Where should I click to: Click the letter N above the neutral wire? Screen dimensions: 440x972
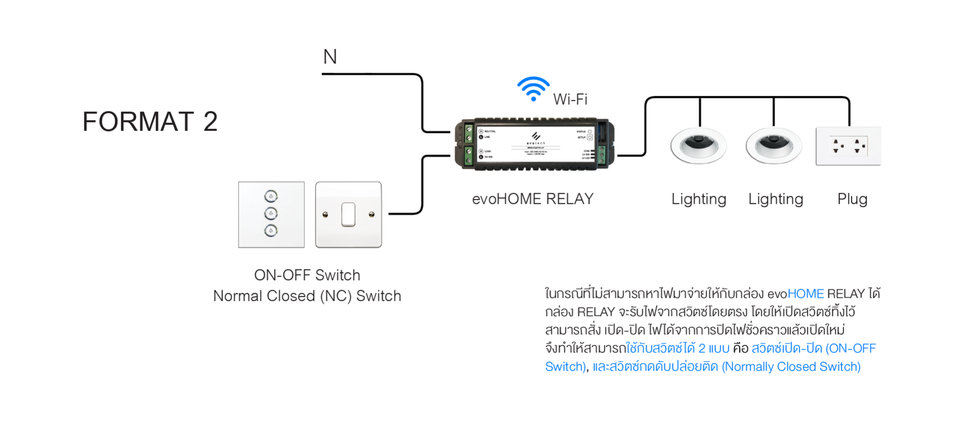[330, 57]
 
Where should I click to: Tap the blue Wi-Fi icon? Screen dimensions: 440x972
[533, 88]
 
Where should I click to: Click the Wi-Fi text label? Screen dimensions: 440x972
[570, 99]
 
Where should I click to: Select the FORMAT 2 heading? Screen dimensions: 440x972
[150, 122]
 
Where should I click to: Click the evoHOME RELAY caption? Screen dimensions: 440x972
[533, 199]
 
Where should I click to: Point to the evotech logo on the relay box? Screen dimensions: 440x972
[536, 137]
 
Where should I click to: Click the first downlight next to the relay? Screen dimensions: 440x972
[699, 145]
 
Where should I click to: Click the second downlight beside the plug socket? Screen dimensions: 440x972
[774, 145]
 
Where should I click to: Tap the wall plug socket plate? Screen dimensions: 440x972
[848, 146]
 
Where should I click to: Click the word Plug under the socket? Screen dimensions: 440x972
[852, 199]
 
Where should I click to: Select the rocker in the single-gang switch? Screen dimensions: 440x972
[348, 214]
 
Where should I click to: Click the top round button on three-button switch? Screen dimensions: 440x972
[271, 196]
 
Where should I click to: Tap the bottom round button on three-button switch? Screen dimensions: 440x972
[271, 231]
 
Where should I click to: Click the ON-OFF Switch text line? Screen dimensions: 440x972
[307, 275]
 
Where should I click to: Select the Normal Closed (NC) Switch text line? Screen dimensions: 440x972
[307, 296]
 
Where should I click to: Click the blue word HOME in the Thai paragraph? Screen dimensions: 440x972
[805, 294]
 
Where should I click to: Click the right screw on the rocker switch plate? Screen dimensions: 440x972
[372, 214]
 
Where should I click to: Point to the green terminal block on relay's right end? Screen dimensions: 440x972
[601, 155]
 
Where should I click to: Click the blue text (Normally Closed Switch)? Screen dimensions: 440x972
[791, 367]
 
